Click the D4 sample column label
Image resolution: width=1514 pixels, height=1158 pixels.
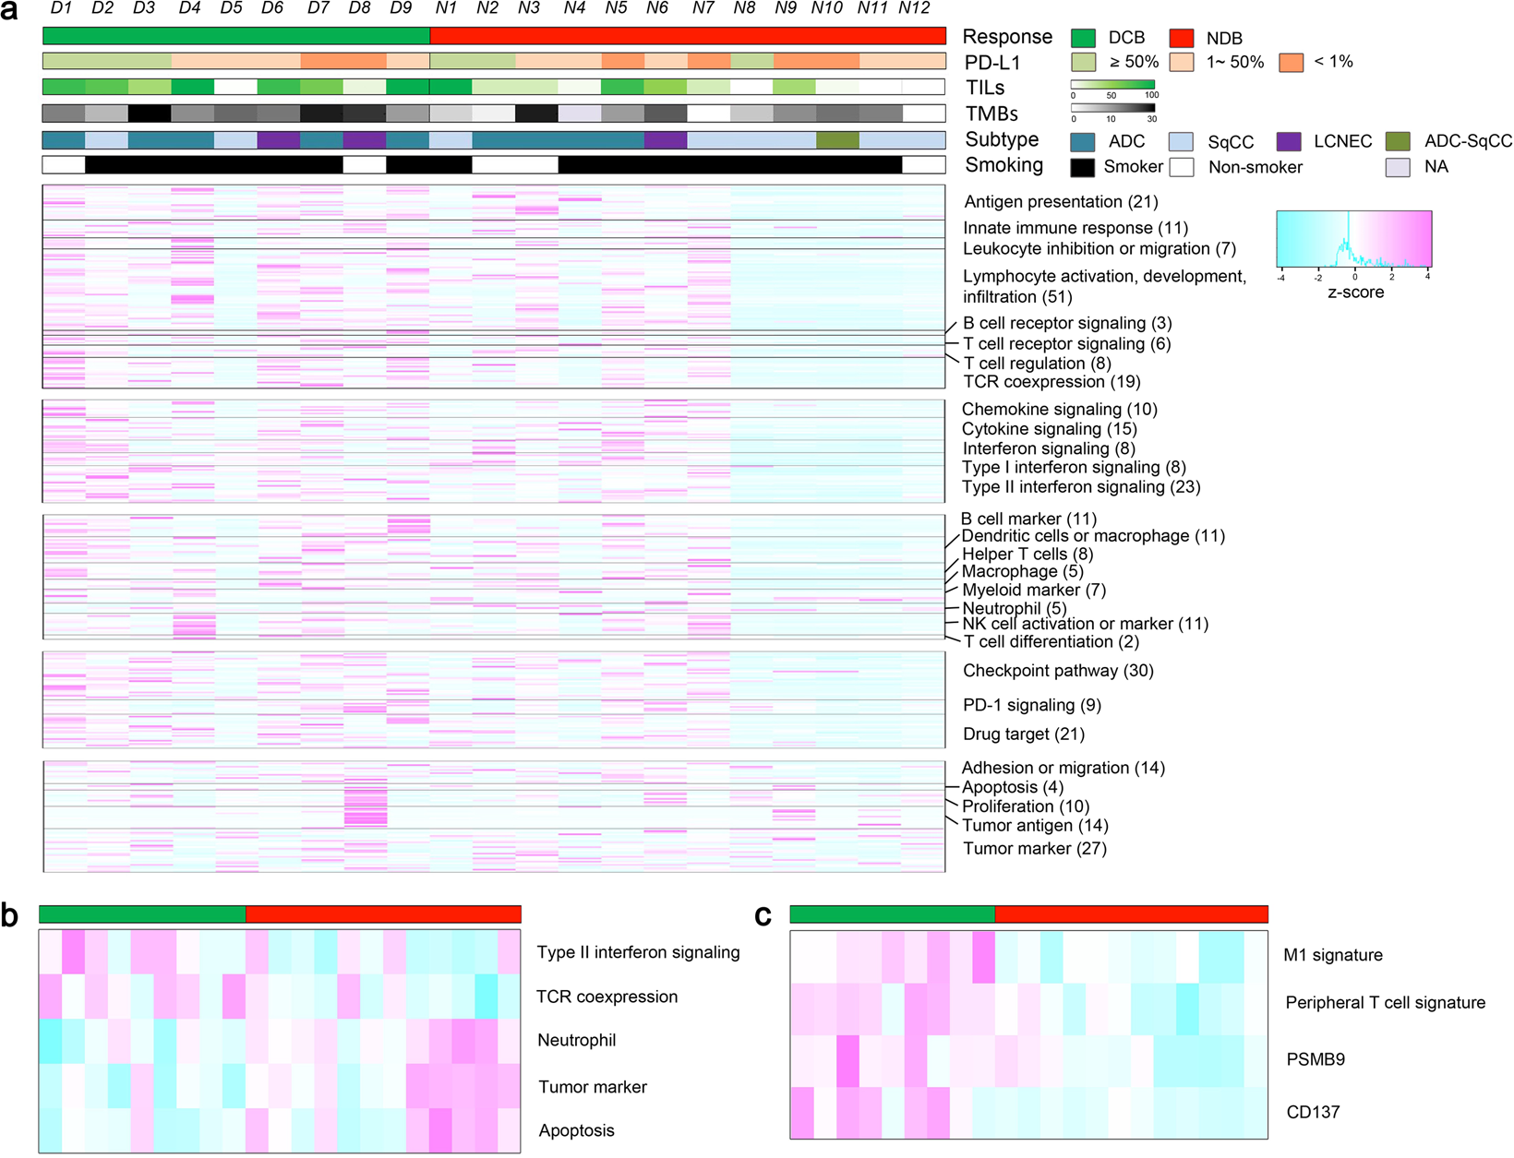(189, 8)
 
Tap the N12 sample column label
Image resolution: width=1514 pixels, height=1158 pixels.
(914, 8)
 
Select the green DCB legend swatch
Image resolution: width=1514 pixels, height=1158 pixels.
(1083, 38)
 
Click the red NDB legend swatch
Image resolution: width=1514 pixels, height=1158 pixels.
(1182, 38)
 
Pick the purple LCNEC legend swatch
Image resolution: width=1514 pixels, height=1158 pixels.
(1290, 141)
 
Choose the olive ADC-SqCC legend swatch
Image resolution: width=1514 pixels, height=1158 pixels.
(1398, 141)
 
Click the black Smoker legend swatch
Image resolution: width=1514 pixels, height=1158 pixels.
(1083, 167)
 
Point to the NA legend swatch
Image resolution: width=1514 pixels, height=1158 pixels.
(1398, 167)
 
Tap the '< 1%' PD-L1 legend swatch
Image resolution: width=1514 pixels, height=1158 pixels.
(1291, 63)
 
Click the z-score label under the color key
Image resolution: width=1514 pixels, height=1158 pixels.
(1355, 292)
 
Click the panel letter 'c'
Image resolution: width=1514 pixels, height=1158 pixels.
(763, 914)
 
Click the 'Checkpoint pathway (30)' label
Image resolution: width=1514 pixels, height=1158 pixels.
(1058, 671)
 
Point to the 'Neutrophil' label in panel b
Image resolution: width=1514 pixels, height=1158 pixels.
(576, 1040)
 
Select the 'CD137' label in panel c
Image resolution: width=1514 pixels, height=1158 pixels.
(1313, 1112)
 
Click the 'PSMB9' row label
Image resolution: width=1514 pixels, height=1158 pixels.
(1315, 1059)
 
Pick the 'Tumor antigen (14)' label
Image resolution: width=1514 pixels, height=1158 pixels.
(1035, 826)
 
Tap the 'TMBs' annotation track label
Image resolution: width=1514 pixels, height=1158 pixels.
(991, 114)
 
